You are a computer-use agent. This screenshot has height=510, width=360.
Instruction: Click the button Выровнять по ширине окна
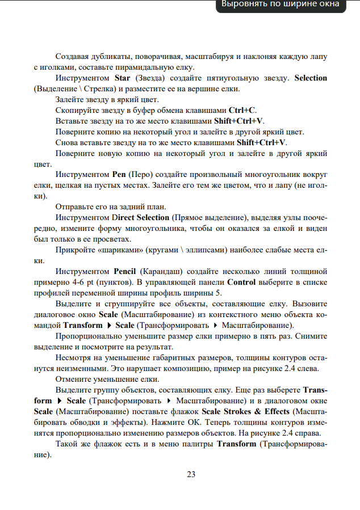click(280, 5)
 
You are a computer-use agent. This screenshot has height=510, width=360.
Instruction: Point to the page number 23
click(191, 474)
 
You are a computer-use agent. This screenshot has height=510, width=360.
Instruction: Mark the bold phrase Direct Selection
click(140, 218)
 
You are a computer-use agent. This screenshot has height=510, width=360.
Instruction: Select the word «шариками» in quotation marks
click(122, 250)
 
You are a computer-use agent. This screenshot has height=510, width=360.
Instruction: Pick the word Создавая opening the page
click(73, 56)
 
